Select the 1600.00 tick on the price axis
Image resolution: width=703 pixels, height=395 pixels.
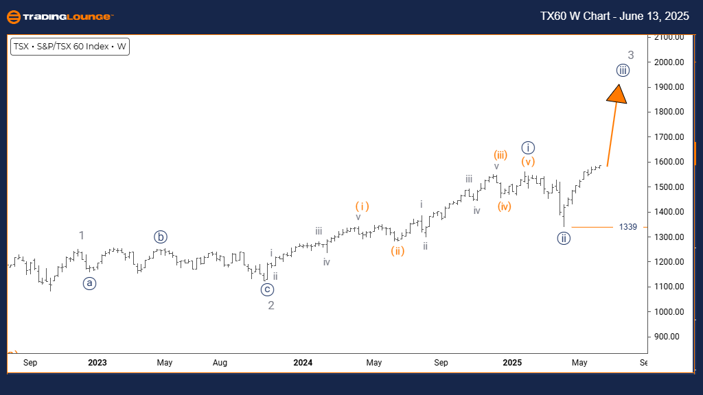670,162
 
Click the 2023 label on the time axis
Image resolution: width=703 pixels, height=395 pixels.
97,362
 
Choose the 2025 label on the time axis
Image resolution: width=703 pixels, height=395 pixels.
512,362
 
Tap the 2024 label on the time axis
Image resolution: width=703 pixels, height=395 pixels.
303,362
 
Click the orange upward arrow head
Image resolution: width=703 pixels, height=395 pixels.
618,94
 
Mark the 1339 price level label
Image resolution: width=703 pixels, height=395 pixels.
627,227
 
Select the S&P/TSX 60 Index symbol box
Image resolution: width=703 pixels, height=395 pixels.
69,47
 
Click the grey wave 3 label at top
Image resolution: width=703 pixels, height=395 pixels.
630,56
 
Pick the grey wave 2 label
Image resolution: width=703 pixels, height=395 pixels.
271,306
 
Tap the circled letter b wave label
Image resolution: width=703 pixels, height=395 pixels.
161,237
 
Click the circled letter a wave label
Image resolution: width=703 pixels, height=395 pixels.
90,283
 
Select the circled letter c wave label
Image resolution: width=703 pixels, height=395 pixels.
267,289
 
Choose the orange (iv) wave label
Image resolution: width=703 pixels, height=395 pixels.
505,206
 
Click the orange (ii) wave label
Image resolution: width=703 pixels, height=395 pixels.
397,251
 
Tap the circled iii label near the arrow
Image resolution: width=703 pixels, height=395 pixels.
622,70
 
